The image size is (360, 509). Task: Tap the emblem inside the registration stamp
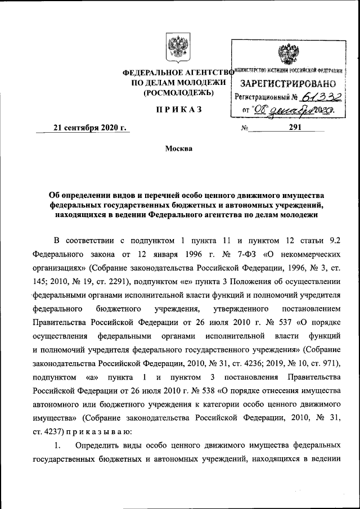coord(288,55)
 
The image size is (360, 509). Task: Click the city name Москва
coord(178,149)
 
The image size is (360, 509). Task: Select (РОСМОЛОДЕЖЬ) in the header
coord(179,92)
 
